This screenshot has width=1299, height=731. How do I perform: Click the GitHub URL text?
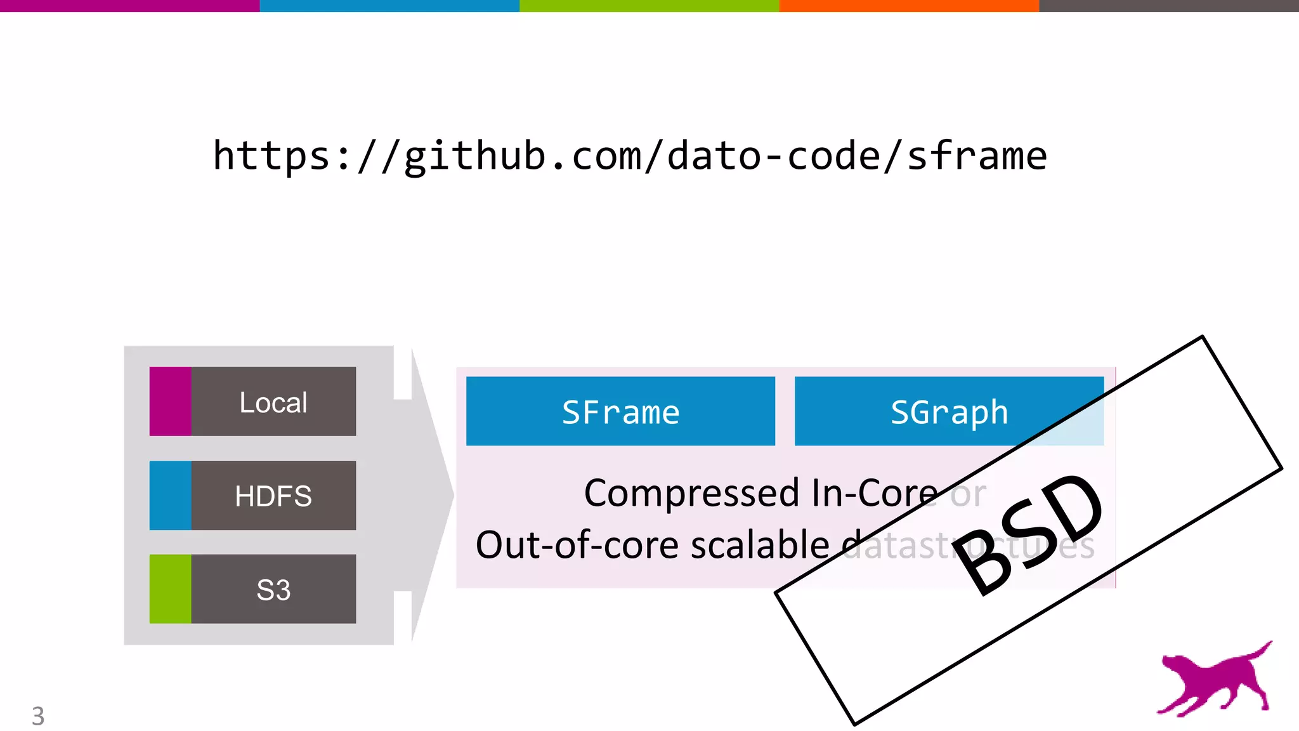[629, 156]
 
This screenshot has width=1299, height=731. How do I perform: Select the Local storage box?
[273, 402]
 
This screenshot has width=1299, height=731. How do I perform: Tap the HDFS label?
[273, 496]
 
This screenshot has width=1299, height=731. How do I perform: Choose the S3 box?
[273, 589]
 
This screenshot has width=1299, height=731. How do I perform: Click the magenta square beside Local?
[170, 402]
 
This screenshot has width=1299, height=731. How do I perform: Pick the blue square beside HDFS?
[170, 496]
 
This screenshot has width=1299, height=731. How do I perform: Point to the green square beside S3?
[170, 589]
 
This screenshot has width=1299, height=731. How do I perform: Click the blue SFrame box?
[620, 412]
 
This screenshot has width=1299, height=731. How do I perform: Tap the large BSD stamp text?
[1031, 533]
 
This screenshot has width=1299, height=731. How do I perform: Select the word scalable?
[760, 545]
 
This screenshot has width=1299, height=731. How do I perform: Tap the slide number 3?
[38, 716]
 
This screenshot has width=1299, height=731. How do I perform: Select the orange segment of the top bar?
[909, 6]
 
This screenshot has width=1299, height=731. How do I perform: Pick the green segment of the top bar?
[649, 6]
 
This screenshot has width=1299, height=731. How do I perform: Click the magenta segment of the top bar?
[129, 6]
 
